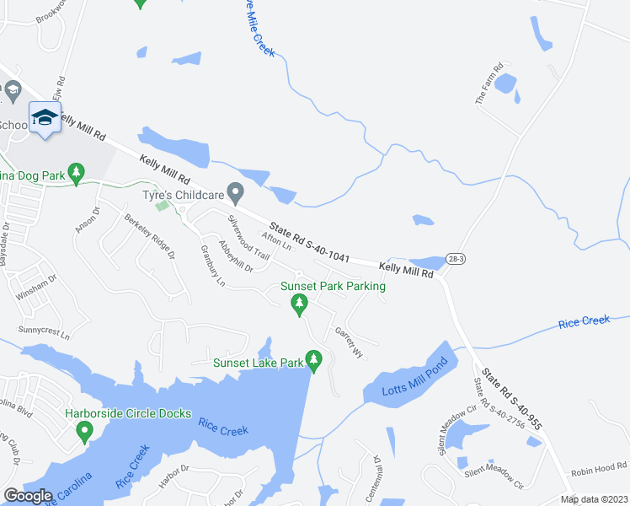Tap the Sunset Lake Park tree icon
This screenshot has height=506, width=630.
click(314, 361)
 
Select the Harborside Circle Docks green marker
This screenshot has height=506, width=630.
click(83, 432)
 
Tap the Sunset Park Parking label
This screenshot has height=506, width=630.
click(334, 287)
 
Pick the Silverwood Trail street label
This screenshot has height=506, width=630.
click(248, 237)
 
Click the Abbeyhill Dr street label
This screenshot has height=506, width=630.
click(235, 256)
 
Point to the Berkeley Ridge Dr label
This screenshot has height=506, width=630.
click(151, 236)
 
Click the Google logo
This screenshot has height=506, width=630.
click(28, 495)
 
